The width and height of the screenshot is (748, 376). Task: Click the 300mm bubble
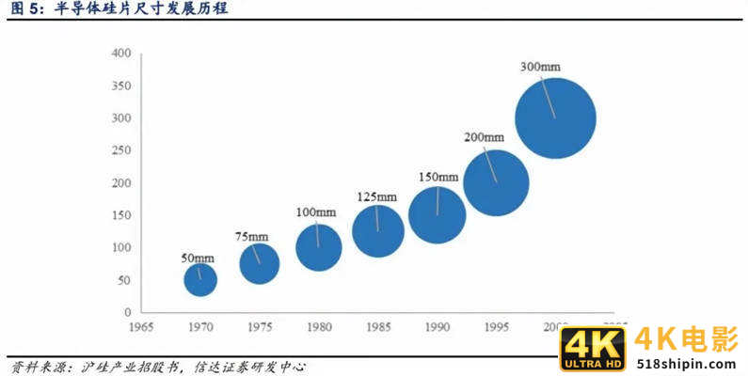click(x=555, y=118)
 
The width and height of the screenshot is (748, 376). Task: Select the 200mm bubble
click(x=496, y=182)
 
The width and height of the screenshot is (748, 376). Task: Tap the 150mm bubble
click(x=437, y=214)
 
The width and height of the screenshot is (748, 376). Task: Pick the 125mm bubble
click(x=378, y=230)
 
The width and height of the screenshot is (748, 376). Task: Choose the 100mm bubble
click(x=319, y=247)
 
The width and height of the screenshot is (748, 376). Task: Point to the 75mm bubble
click(x=260, y=263)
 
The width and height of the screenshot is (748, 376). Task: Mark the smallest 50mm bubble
click(x=200, y=279)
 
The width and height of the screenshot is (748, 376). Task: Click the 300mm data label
click(x=540, y=68)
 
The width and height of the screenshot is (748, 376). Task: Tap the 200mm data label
click(x=485, y=137)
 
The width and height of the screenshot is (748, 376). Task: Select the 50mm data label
click(x=198, y=258)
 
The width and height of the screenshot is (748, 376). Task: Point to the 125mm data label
click(x=376, y=196)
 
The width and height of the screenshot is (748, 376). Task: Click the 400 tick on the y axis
click(x=120, y=54)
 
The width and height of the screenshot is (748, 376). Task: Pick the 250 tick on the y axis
click(x=120, y=150)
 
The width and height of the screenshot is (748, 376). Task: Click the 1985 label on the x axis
click(x=378, y=327)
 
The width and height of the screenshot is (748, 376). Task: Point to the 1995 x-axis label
click(x=496, y=327)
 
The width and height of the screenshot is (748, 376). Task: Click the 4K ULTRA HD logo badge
click(x=593, y=349)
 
